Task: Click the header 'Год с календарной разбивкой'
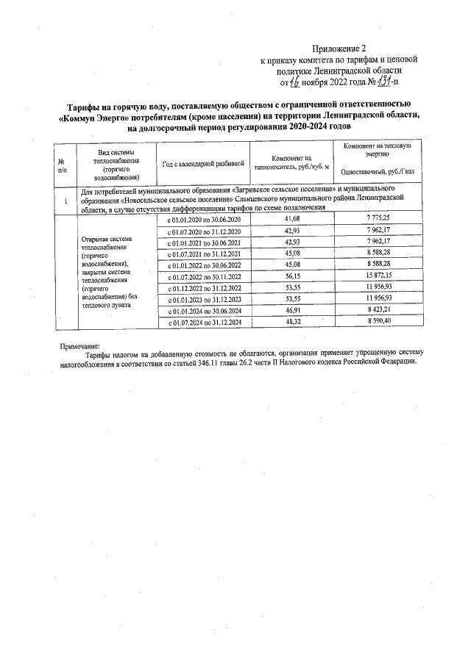tap(203, 163)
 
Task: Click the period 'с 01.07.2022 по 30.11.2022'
tap(204, 277)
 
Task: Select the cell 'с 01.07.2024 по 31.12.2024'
tap(204, 323)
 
